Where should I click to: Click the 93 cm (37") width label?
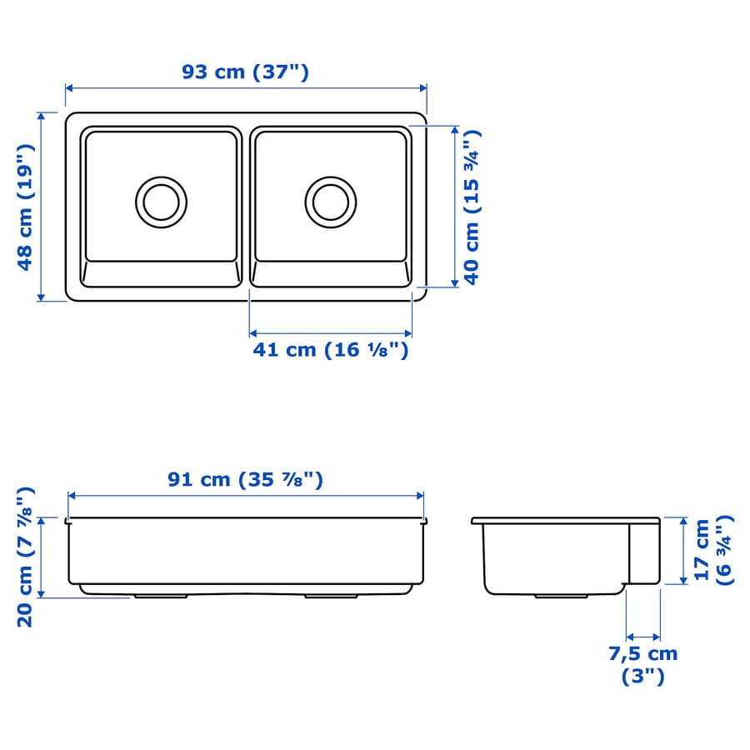(x=246, y=72)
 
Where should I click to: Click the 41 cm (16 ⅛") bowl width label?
(x=331, y=350)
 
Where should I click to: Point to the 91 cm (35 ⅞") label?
(x=246, y=479)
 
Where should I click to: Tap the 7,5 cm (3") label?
(x=642, y=664)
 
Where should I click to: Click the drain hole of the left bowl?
(x=161, y=200)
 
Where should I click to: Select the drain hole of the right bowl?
(x=330, y=200)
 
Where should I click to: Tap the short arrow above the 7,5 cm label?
(x=642, y=635)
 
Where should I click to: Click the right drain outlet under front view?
(x=329, y=596)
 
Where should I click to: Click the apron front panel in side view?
(x=643, y=552)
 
